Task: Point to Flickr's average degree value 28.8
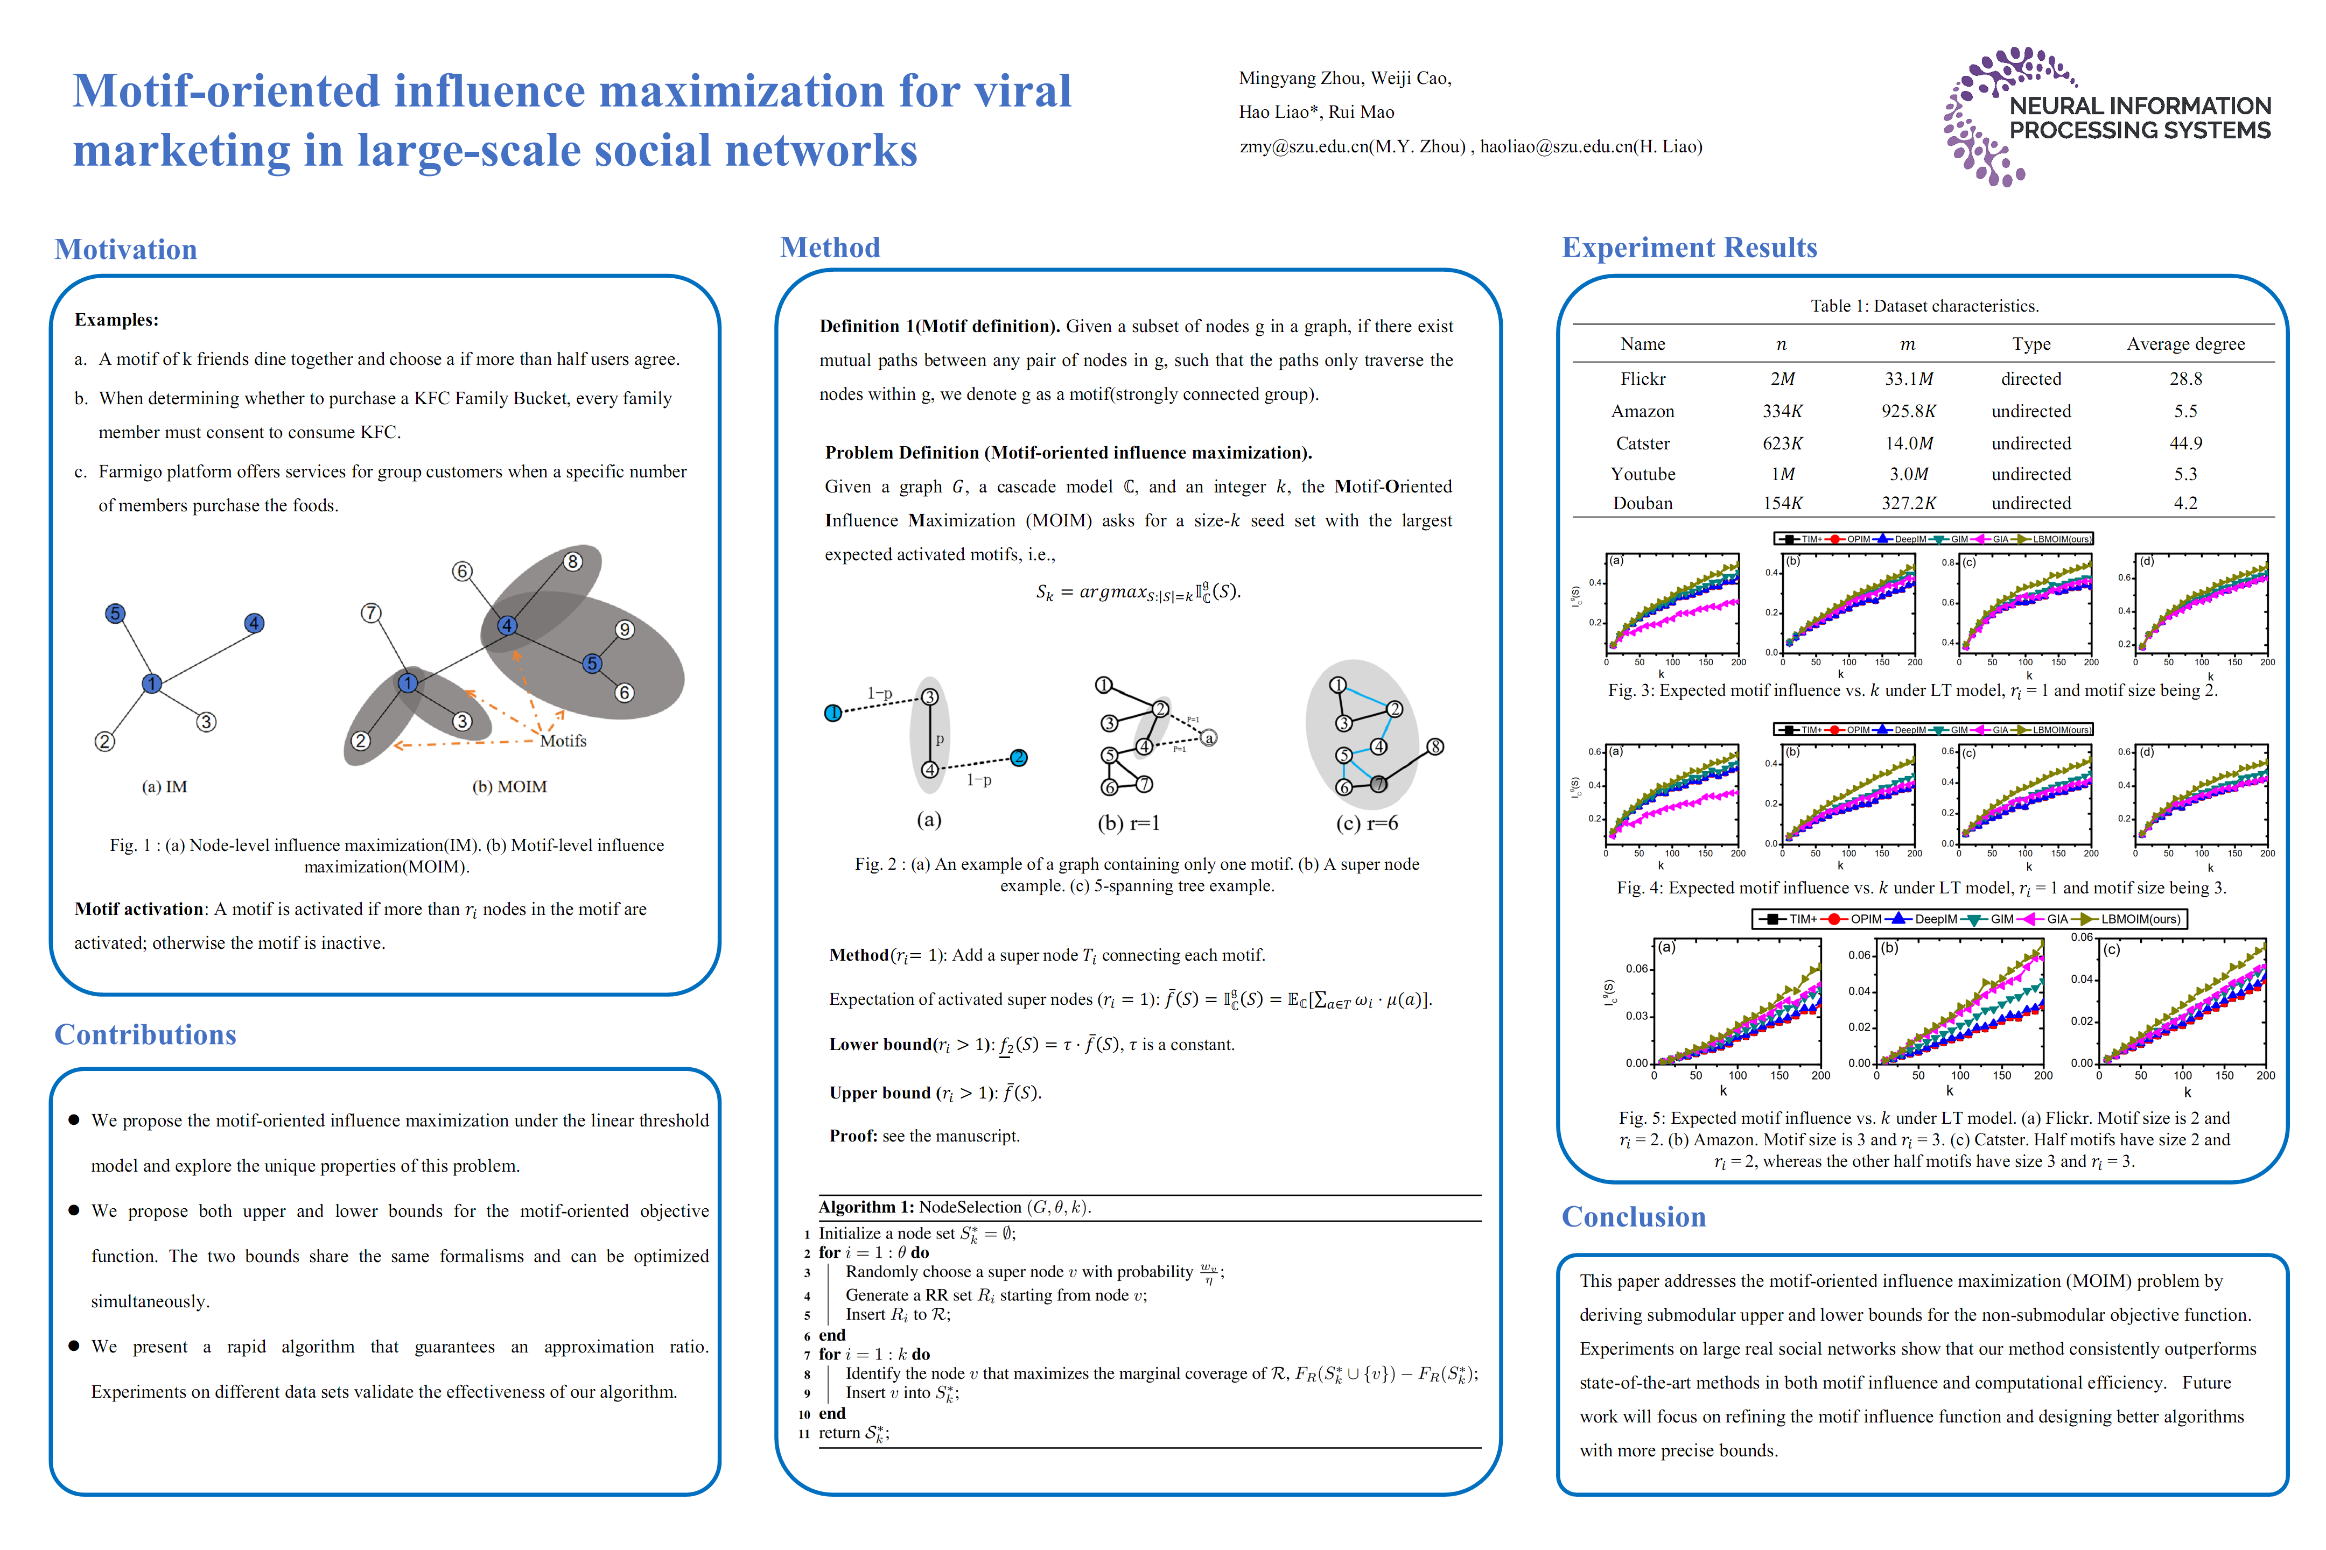[2185, 378]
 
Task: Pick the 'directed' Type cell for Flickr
[2030, 378]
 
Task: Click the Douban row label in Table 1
[1643, 503]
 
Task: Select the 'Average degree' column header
[2185, 344]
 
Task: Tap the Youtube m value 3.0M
[1908, 475]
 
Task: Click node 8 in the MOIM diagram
[572, 561]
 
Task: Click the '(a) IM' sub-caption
[164, 787]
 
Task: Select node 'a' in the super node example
[1208, 737]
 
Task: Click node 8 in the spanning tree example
[1435, 746]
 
